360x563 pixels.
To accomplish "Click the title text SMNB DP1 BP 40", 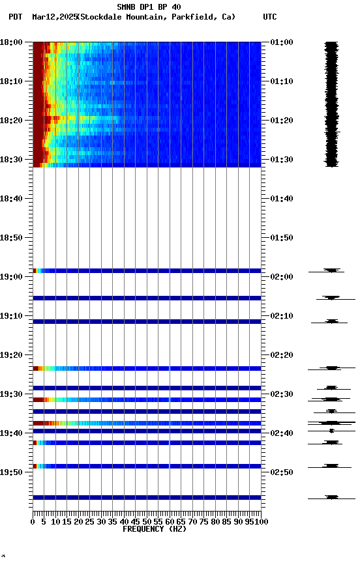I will tap(149, 7).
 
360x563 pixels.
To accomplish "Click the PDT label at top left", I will tap(16, 17).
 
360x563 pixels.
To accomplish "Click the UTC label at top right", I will tap(270, 17).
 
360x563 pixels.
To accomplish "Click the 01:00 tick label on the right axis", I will tap(281, 42).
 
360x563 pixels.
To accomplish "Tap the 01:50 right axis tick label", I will tap(281, 238).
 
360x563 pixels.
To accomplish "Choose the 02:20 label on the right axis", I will tap(281, 355).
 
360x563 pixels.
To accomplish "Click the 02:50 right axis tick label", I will tap(281, 472).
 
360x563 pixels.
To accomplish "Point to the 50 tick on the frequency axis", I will tap(147, 522).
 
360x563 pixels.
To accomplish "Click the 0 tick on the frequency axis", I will tap(33, 522).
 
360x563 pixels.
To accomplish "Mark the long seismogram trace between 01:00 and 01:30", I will tap(332, 104).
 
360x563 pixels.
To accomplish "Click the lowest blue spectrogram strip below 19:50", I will tap(147, 497).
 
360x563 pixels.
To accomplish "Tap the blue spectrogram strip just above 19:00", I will tap(147, 270).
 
